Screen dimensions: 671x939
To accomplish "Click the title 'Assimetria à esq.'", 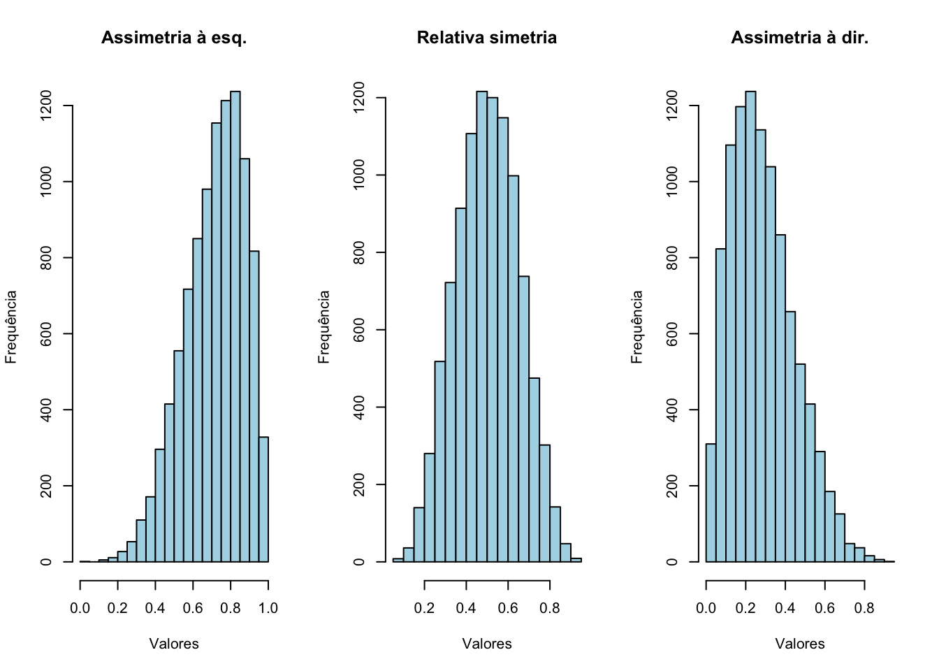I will [x=174, y=38].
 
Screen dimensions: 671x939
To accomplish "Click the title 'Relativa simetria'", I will [x=487, y=38].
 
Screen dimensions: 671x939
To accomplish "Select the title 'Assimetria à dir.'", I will [x=799, y=38].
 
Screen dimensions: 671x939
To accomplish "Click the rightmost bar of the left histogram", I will [x=263, y=499].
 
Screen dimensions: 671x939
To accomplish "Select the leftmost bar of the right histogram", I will [x=711, y=503].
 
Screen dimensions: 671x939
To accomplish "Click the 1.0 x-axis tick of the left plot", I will [x=268, y=607].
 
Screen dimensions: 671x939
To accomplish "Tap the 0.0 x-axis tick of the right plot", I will [x=706, y=607].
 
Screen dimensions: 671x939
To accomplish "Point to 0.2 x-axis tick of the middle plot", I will [x=424, y=607].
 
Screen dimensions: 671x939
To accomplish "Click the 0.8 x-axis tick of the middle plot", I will [x=550, y=607].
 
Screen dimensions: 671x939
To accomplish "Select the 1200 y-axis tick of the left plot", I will [x=46, y=106].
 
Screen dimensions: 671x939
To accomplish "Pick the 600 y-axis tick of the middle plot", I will [x=359, y=330].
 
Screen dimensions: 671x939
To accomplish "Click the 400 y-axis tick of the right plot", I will [x=672, y=410].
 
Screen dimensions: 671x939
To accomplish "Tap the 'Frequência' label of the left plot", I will [x=11, y=327].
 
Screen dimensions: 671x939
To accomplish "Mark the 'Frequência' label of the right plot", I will [x=637, y=327].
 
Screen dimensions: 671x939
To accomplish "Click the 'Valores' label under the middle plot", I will [x=487, y=644].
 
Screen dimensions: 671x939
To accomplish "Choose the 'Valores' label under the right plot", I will [x=799, y=644].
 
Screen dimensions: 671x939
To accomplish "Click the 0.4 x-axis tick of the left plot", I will [x=155, y=607].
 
